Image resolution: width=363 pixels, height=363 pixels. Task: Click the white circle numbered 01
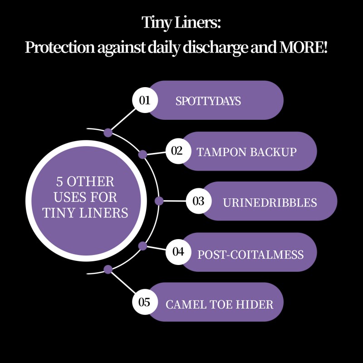(x=145, y=100)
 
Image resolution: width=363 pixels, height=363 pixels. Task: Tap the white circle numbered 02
(x=178, y=151)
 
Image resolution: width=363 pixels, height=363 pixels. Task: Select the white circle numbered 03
(x=199, y=201)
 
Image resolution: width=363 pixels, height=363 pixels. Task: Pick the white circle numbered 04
(x=178, y=252)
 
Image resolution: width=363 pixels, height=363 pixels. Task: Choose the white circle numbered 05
(x=145, y=302)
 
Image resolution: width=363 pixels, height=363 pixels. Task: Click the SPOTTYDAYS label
(x=208, y=101)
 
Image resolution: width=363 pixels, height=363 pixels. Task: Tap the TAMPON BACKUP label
(x=246, y=152)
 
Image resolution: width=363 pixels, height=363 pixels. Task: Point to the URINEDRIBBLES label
(x=270, y=202)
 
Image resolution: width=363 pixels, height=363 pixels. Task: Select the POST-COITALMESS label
(x=250, y=255)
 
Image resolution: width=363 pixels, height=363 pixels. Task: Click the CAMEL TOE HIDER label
(x=220, y=304)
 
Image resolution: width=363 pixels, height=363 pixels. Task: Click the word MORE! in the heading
(x=304, y=47)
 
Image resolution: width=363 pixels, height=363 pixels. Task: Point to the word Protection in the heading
(x=60, y=47)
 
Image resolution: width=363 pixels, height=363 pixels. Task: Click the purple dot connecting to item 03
(x=159, y=201)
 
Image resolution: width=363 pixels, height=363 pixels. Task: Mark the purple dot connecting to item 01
(x=108, y=132)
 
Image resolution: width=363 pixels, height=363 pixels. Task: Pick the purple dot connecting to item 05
(x=108, y=270)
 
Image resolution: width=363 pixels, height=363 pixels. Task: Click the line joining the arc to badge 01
(x=123, y=119)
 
